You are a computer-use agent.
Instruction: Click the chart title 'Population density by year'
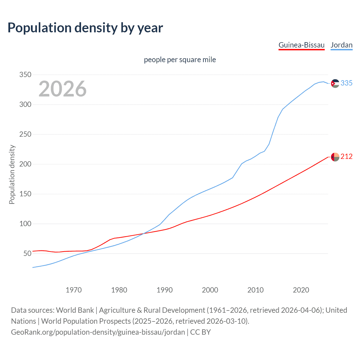coord(85,28)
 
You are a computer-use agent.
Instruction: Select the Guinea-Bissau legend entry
coord(301,45)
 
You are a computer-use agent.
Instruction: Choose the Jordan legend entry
coord(341,45)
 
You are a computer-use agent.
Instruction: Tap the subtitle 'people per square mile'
coord(180,60)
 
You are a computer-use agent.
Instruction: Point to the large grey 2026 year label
coord(62,89)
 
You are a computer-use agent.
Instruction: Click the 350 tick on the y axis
coord(25,75)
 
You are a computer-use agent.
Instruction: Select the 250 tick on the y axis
coord(25,134)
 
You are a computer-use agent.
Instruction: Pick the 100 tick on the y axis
coord(25,224)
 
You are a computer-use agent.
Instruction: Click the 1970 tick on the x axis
coord(74,290)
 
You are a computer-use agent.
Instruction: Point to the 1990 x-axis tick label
coord(165,290)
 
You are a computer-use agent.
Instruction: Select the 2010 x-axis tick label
coord(255,290)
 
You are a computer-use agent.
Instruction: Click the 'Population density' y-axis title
coord(12,174)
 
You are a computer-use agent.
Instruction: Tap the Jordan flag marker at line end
coord(335,83)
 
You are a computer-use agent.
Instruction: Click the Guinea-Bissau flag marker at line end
coord(335,157)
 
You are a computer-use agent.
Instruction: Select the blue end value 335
coord(346,83)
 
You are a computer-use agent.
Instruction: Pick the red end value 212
coord(346,157)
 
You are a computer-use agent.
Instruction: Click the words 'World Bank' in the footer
coord(75,310)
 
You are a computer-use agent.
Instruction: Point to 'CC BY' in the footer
coord(201,332)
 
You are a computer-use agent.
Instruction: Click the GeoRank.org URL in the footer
coord(98,332)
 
